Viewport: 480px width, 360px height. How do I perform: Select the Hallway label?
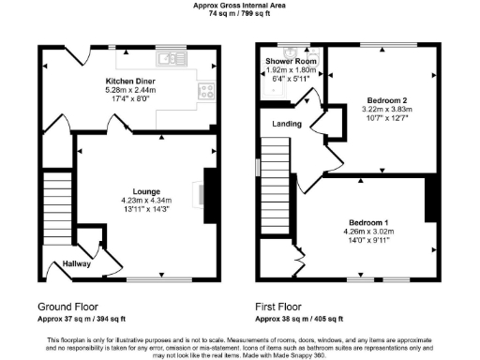[77, 264]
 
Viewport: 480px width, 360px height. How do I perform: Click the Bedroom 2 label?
[385, 99]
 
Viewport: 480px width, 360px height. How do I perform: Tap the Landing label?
[288, 124]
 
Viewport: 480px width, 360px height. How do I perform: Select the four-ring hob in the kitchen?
[205, 92]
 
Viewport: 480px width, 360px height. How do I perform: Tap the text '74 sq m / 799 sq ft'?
[239, 15]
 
